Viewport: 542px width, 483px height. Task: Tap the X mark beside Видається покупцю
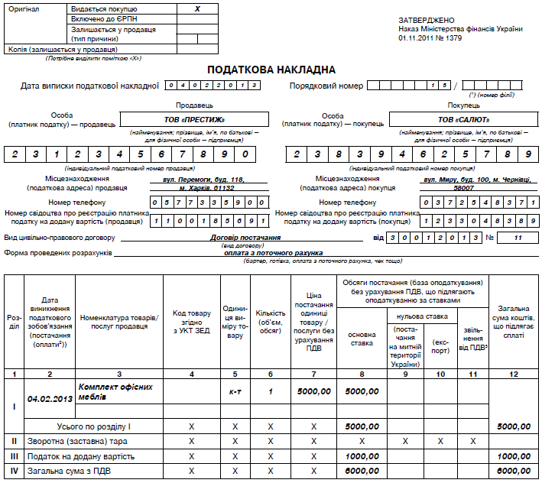click(x=197, y=8)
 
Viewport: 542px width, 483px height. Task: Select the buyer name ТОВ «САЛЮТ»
click(x=463, y=119)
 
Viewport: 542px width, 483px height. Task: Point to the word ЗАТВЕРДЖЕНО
click(x=427, y=19)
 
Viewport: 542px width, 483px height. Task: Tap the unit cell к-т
click(x=235, y=391)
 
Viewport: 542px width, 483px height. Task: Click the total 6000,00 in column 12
click(x=514, y=471)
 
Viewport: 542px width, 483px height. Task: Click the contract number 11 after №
click(x=518, y=238)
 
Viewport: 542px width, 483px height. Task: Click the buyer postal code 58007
click(x=463, y=187)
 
